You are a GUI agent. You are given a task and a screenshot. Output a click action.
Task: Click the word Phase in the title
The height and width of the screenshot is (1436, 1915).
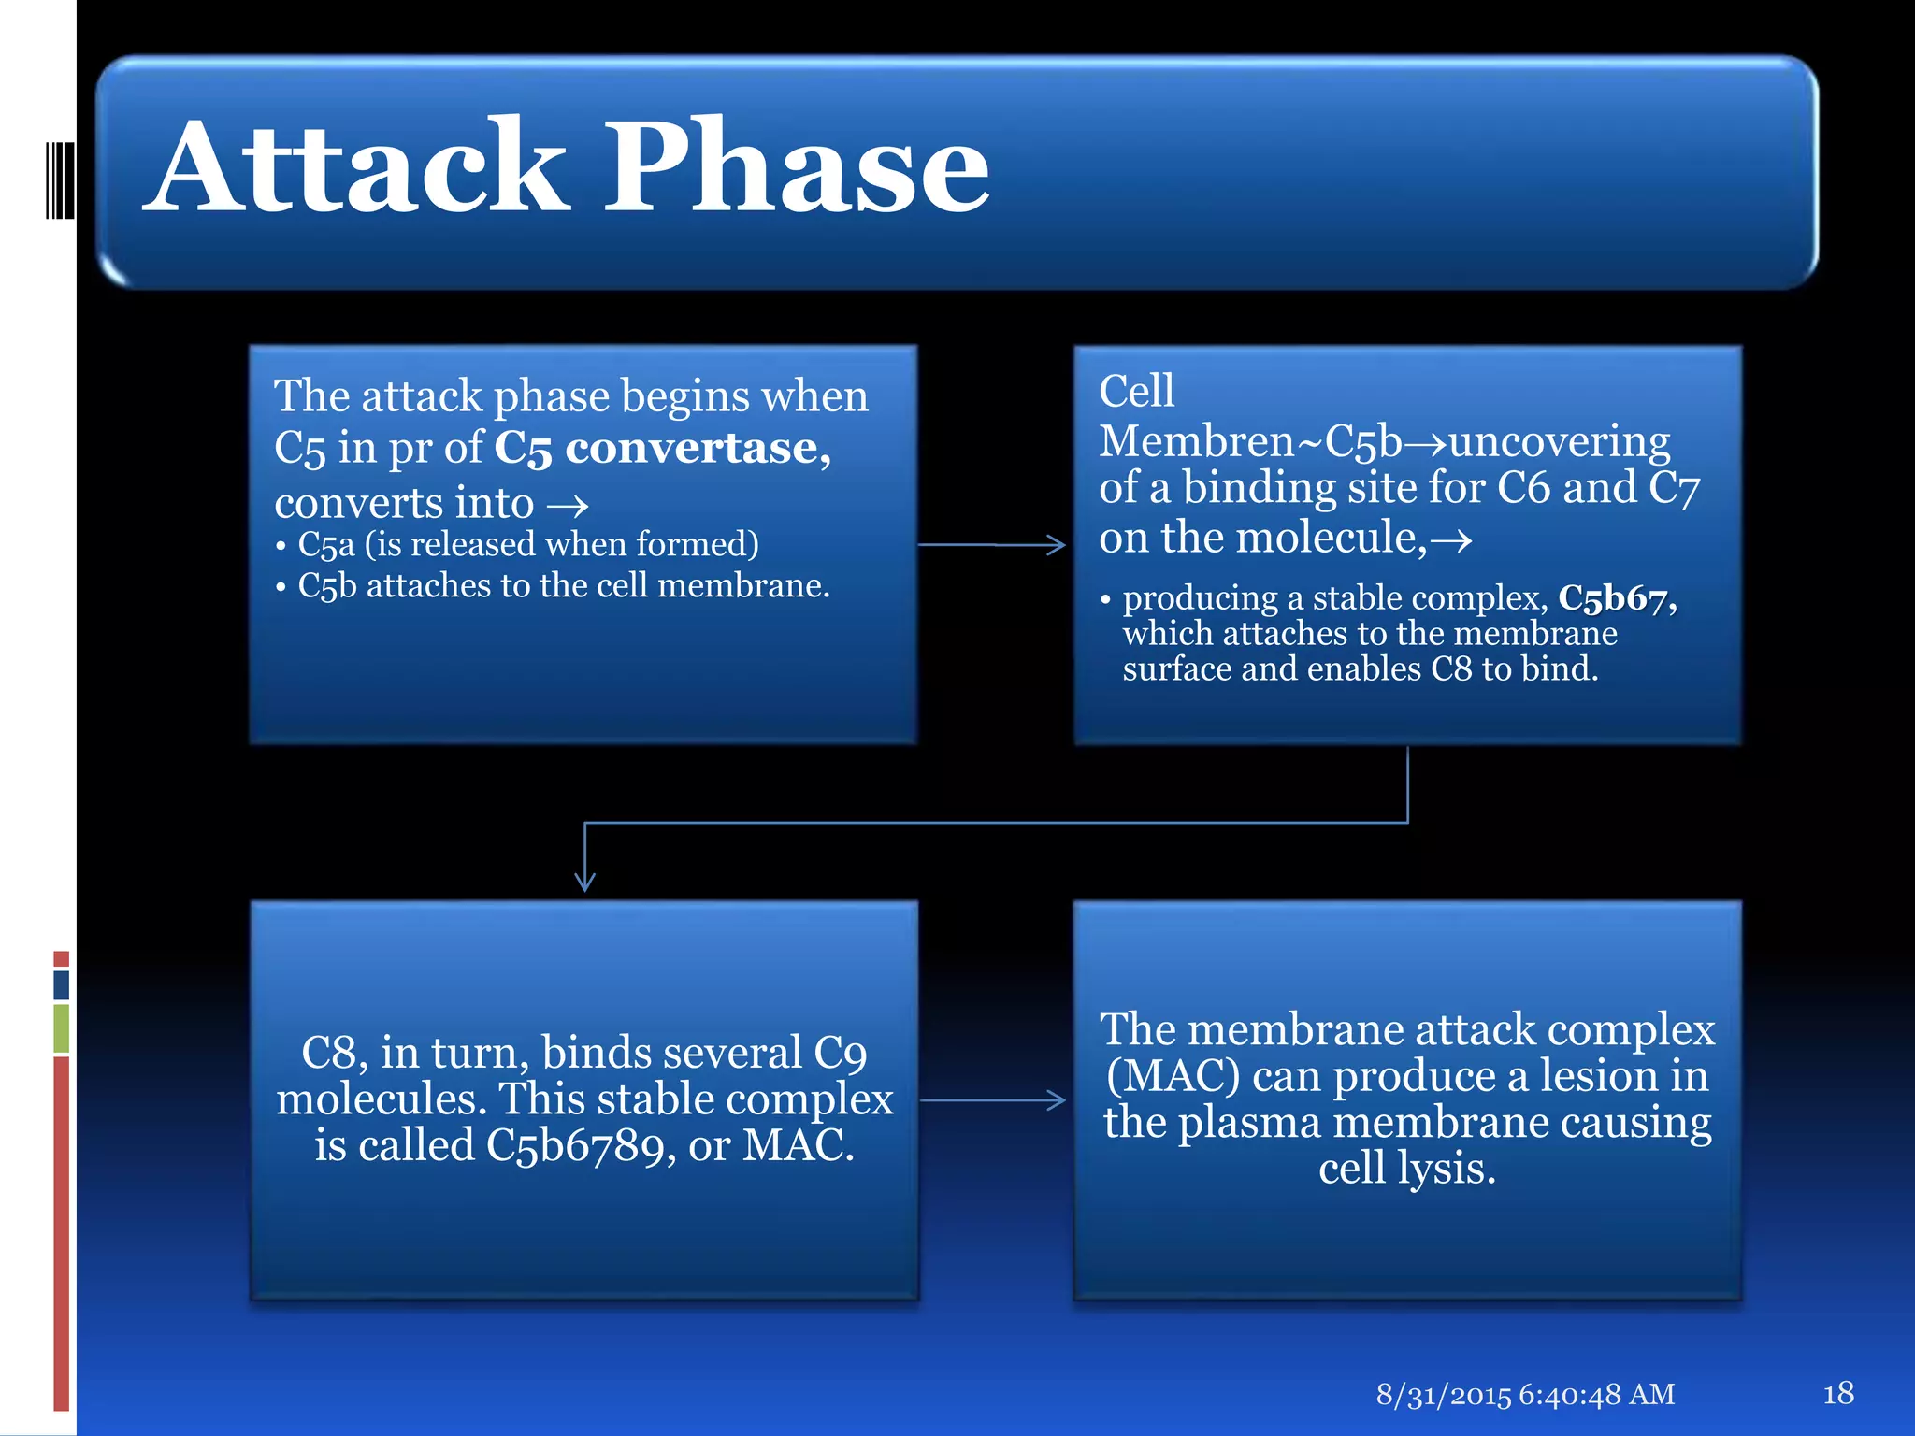pyautogui.click(x=797, y=168)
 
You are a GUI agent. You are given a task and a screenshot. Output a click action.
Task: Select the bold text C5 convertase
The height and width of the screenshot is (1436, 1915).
pyautogui.click(x=660, y=448)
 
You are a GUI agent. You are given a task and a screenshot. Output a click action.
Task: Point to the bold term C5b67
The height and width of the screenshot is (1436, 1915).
pyautogui.click(x=1616, y=598)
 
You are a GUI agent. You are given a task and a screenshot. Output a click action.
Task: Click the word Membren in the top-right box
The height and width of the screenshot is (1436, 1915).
pyautogui.click(x=1196, y=441)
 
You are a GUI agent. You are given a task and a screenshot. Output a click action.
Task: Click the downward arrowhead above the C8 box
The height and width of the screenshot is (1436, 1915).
pyautogui.click(x=585, y=880)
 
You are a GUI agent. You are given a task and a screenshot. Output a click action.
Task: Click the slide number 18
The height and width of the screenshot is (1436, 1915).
pyautogui.click(x=1837, y=1394)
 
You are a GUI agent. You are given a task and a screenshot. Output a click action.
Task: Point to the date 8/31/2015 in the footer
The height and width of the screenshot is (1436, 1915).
pyautogui.click(x=1443, y=1395)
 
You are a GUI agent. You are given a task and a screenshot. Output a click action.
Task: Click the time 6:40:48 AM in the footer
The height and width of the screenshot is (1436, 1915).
pyautogui.click(x=1596, y=1395)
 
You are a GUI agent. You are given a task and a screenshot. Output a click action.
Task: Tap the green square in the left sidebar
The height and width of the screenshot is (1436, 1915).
pyautogui.click(x=62, y=1028)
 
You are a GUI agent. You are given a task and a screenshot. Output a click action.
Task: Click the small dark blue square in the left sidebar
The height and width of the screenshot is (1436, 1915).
pyautogui.click(x=62, y=984)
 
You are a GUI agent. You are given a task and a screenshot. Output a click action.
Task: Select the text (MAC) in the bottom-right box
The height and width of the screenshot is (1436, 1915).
pyautogui.click(x=1173, y=1076)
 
